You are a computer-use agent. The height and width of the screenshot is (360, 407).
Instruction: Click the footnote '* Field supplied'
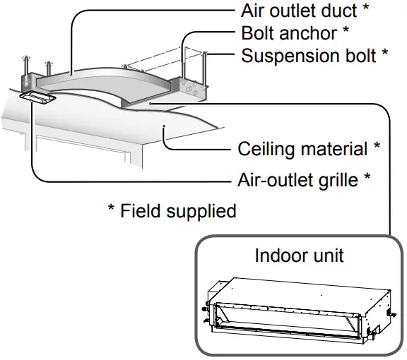pyautogui.click(x=172, y=210)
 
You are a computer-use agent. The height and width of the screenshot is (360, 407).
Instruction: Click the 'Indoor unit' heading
pyautogui.click(x=299, y=255)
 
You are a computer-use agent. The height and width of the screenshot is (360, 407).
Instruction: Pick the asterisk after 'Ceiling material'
pyautogui.click(x=377, y=148)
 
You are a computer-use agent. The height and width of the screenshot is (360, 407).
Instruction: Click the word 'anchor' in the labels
pyautogui.click(x=314, y=33)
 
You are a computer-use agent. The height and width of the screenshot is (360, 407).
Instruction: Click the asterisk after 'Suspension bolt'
pyautogui.click(x=384, y=54)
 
